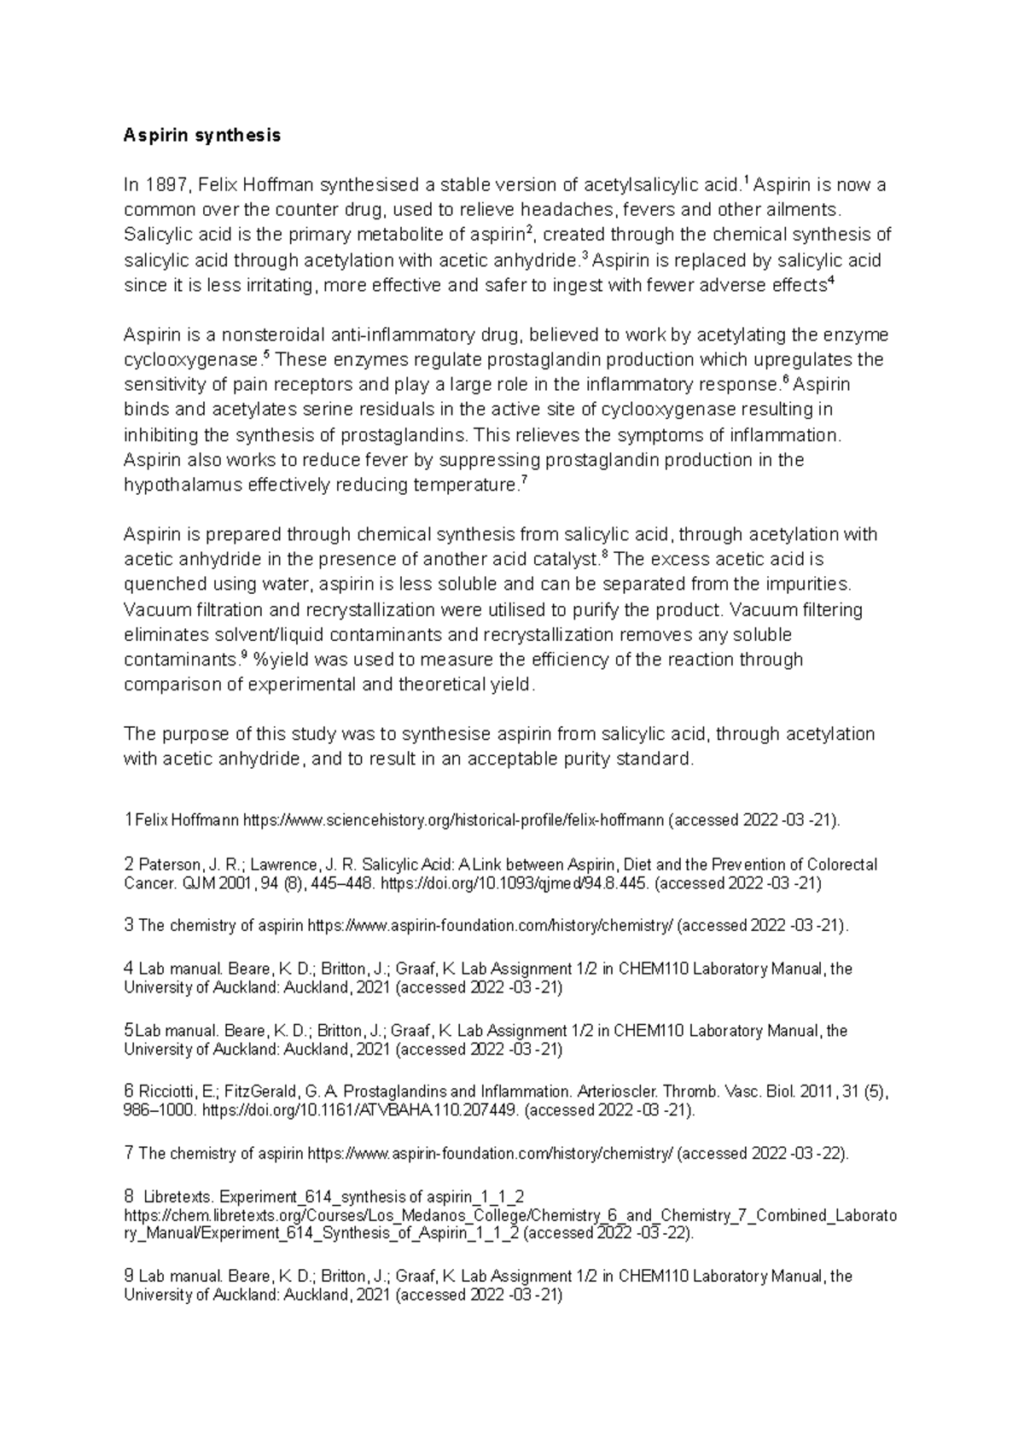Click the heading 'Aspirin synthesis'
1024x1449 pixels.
201,135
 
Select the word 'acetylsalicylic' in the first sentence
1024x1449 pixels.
639,185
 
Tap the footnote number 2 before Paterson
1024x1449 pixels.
129,864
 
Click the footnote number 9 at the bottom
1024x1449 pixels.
129,1277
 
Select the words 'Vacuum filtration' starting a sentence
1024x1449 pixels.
188,610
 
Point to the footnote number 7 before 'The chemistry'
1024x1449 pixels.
129,1154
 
